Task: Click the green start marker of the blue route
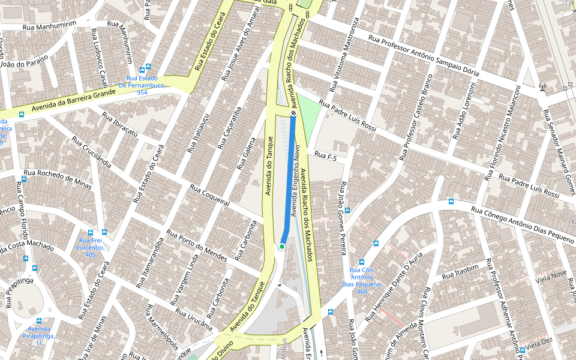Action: pos(282,247)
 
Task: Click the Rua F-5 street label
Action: pos(326,157)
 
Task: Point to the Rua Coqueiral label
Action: pos(210,195)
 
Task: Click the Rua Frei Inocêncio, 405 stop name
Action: pos(91,247)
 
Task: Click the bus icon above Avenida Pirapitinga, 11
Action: pos(39,321)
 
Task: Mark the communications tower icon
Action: pos(542,88)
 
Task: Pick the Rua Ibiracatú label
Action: pos(121,125)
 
